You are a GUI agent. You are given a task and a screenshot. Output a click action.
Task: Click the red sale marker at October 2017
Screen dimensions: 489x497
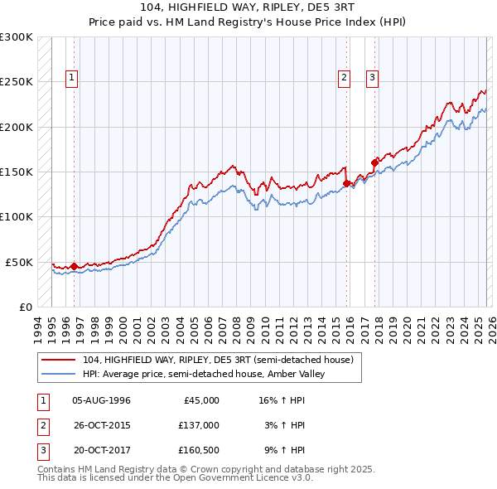[x=374, y=162]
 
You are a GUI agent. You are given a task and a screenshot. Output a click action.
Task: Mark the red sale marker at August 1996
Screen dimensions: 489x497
[x=75, y=266]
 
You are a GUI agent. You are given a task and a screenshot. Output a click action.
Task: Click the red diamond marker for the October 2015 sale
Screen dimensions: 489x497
[x=346, y=183]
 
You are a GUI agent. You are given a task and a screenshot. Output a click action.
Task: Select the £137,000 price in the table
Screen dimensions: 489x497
[x=199, y=424]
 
